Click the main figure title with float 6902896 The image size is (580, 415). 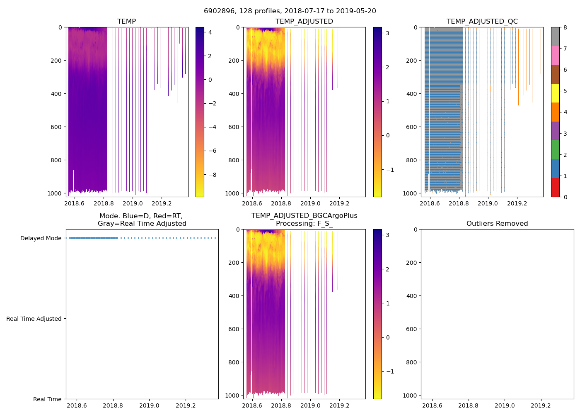click(x=290, y=11)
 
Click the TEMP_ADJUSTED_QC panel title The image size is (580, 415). click(x=482, y=22)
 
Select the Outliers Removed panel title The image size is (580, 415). click(x=497, y=224)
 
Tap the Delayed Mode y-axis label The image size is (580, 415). click(x=41, y=238)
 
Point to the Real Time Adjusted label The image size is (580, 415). click(x=34, y=319)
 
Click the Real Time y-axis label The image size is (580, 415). click(x=47, y=399)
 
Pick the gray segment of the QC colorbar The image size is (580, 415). click(x=555, y=37)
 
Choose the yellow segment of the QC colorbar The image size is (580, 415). click(x=555, y=93)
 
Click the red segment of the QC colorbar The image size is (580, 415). click(x=555, y=188)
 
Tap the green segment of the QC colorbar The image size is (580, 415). click(x=555, y=150)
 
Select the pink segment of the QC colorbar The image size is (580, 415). click(x=555, y=56)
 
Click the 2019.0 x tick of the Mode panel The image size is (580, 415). click(x=149, y=405)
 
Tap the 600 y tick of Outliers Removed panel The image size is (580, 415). click(x=411, y=329)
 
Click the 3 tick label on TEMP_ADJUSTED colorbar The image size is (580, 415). click(x=387, y=33)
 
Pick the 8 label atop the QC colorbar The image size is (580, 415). click(x=565, y=27)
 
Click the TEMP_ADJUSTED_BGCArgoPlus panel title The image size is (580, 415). click(x=304, y=220)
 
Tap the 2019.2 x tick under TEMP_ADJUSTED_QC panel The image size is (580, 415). click(x=517, y=203)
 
